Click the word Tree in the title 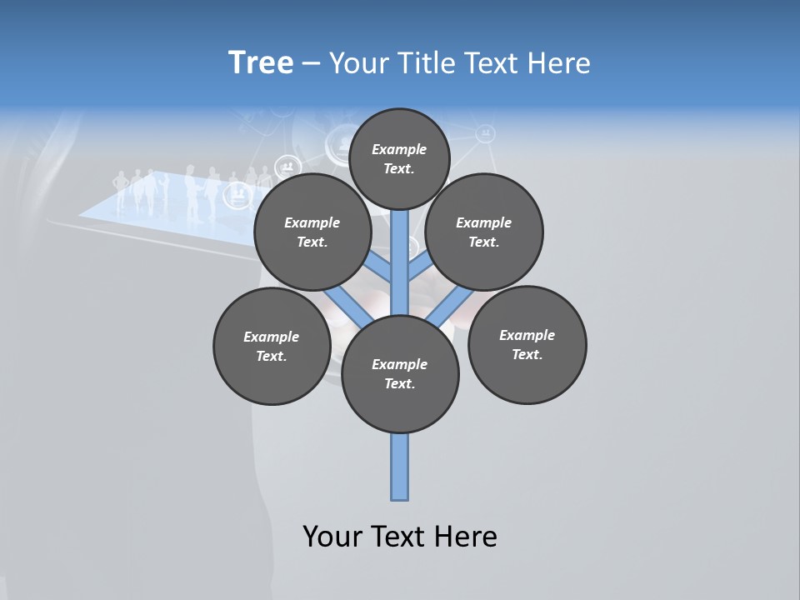tap(261, 62)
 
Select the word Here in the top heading tap(560, 63)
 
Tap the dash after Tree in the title tap(311, 63)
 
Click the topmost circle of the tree tap(399, 158)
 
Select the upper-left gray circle tap(312, 232)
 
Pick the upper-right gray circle tap(484, 232)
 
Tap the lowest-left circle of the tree tap(272, 346)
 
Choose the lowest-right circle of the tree tap(527, 344)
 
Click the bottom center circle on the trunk tap(400, 373)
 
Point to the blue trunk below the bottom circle tap(400, 467)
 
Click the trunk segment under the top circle tap(400, 242)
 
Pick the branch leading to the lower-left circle tap(346, 303)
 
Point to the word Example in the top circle tap(399, 149)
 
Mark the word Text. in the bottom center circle tap(399, 383)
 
